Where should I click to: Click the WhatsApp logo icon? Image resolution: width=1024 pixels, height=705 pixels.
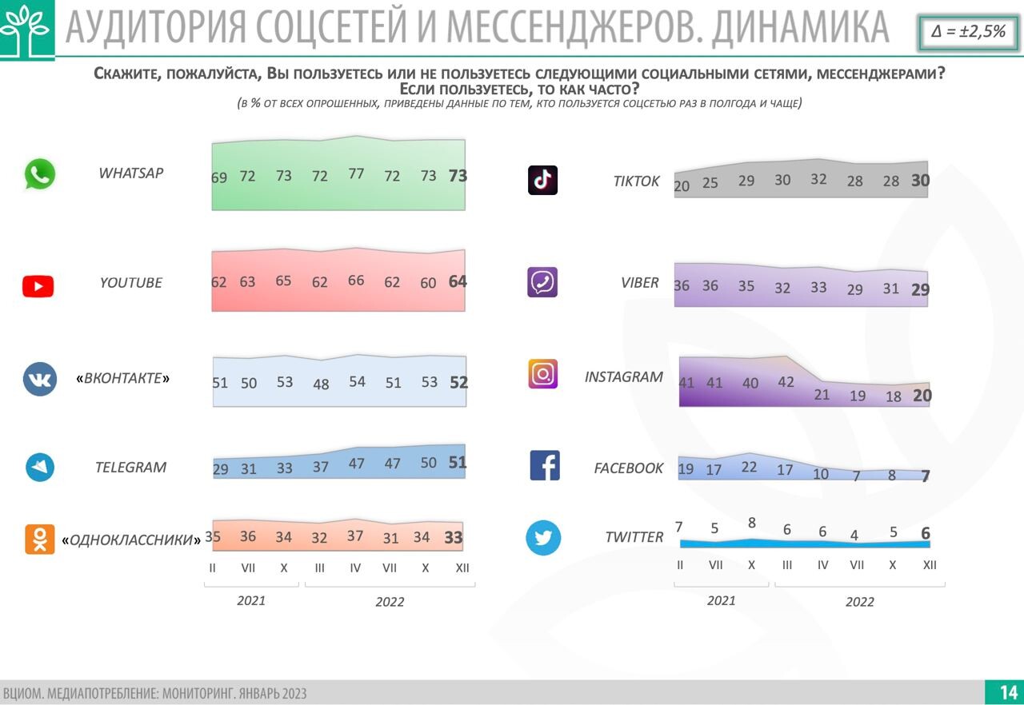(x=39, y=174)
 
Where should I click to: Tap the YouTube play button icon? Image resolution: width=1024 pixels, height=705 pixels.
(x=38, y=286)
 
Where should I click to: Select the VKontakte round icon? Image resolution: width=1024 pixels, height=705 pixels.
(x=40, y=379)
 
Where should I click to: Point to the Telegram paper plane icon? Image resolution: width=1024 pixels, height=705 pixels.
(x=40, y=467)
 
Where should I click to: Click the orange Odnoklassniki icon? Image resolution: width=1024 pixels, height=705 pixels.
(x=40, y=540)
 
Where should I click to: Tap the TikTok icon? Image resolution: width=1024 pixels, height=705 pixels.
(x=542, y=181)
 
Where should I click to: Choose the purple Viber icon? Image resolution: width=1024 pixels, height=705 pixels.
(x=542, y=282)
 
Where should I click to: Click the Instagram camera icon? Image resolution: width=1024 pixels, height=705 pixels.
(x=542, y=374)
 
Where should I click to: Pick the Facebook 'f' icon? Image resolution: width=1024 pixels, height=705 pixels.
(x=545, y=466)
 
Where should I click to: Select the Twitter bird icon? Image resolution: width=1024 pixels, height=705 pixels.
(x=543, y=538)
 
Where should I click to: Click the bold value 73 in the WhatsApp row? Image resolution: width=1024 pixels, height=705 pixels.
(x=458, y=176)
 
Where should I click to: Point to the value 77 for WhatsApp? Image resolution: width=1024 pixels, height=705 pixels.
(x=356, y=173)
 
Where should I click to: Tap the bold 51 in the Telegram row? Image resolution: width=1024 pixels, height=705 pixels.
(x=458, y=463)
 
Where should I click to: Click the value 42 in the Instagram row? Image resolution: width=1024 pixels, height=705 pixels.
(x=786, y=382)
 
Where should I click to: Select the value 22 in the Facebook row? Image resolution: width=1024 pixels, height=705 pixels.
(x=749, y=467)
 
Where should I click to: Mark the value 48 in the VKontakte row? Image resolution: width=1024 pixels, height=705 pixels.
(x=321, y=384)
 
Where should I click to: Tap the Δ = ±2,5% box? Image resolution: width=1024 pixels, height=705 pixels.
(x=968, y=32)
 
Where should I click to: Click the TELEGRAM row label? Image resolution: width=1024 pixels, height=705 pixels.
(x=130, y=468)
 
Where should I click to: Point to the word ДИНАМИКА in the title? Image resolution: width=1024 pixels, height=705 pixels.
(x=800, y=28)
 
